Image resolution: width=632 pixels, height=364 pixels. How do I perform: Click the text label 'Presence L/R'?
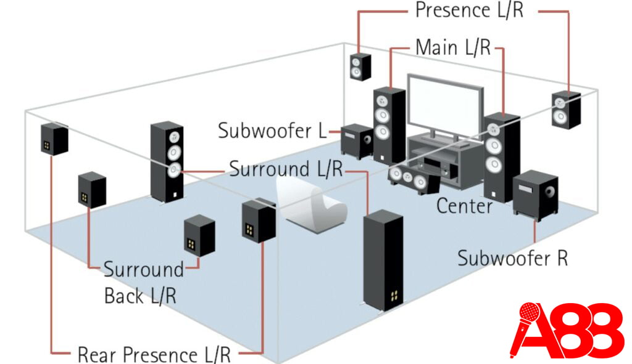[x=468, y=10]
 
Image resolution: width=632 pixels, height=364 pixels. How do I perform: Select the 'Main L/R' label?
[x=453, y=47]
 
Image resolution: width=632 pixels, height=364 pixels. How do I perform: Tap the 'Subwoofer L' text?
[x=272, y=131]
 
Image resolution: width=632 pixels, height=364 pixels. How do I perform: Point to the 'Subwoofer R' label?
[x=512, y=257]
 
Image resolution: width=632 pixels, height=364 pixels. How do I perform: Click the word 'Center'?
[x=464, y=206]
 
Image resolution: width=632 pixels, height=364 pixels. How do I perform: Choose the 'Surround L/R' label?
[x=285, y=169]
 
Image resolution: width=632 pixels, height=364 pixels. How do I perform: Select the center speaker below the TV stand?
[x=410, y=178]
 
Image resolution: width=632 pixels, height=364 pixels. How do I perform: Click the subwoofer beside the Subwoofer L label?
[x=357, y=141]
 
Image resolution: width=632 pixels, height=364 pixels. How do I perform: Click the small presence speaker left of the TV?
[x=361, y=67]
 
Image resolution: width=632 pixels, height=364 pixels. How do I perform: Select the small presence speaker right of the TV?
[x=565, y=110]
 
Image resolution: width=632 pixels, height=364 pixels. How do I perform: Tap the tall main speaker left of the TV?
[x=389, y=124]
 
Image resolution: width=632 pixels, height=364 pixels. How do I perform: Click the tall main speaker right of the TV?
[x=501, y=156]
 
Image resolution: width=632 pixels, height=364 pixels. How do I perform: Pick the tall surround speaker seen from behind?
[x=383, y=260]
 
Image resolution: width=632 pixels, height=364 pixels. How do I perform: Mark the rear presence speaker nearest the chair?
[x=258, y=220]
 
